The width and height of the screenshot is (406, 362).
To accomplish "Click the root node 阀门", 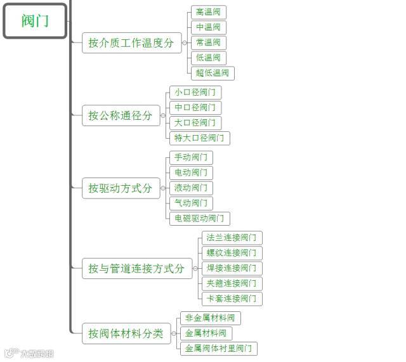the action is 35,21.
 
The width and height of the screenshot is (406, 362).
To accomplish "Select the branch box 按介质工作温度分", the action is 131,43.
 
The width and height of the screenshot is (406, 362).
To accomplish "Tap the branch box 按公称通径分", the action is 121,115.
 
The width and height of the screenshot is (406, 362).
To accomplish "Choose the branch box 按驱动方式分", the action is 121,188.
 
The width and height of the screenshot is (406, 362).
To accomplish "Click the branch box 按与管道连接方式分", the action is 136,269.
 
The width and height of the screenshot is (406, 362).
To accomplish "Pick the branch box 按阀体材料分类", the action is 126,333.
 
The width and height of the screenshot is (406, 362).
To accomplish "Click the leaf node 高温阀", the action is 208,12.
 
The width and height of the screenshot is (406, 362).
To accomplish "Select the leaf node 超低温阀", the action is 213,73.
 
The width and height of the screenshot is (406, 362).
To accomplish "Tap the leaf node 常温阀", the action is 208,42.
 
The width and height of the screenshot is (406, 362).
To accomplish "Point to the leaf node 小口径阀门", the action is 195,93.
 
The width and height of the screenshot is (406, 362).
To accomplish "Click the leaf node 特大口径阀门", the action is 199,138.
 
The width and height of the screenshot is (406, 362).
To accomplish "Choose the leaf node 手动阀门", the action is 190,157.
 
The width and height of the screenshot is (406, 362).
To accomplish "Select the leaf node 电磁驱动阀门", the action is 199,218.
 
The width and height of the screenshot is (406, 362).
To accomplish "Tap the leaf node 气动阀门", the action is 190,203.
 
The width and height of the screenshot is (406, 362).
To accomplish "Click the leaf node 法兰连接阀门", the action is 232,238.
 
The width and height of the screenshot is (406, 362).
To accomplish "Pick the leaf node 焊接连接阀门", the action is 232,268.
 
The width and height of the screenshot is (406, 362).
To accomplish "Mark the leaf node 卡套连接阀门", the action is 232,299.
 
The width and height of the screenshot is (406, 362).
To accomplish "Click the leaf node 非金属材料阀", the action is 210,318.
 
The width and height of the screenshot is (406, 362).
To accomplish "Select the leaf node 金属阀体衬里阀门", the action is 218,348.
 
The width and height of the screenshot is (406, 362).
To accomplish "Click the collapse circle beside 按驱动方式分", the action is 164,188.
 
